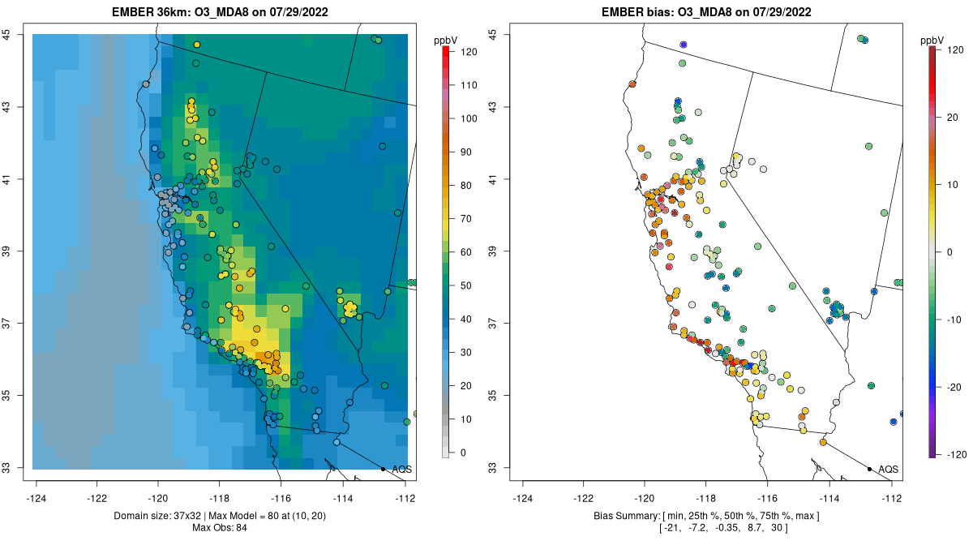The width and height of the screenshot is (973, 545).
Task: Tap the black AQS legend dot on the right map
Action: [x=868, y=469]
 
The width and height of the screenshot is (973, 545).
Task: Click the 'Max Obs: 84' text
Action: [x=219, y=528]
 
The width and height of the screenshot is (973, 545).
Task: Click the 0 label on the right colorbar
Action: [x=949, y=251]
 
